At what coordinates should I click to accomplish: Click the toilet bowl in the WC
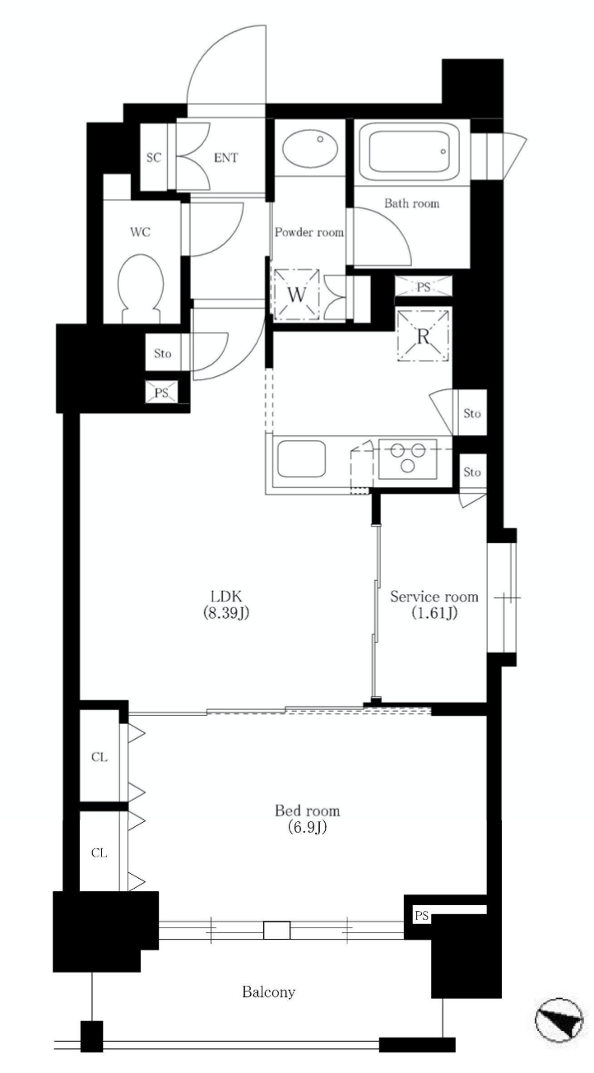click(x=141, y=286)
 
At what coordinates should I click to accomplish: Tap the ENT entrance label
click(x=225, y=158)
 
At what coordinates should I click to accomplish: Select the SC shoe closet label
click(x=154, y=158)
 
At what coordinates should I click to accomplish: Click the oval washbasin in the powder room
click(x=310, y=147)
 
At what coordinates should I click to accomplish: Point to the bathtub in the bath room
click(x=410, y=151)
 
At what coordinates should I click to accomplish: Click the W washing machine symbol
click(x=296, y=294)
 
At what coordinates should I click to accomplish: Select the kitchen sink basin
click(x=302, y=458)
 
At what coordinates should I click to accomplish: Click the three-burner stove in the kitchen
click(x=408, y=458)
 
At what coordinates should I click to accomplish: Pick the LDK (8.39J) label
click(x=226, y=604)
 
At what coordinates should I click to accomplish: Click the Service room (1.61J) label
click(x=434, y=604)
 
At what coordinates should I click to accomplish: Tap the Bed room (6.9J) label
click(x=307, y=819)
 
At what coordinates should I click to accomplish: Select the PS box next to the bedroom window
click(x=421, y=916)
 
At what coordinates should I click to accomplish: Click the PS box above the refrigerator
click(x=423, y=287)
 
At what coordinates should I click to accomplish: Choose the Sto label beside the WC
click(x=162, y=354)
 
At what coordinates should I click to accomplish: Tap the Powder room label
click(x=309, y=232)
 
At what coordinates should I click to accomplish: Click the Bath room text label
click(x=411, y=203)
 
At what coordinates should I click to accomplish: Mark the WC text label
click(x=141, y=232)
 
